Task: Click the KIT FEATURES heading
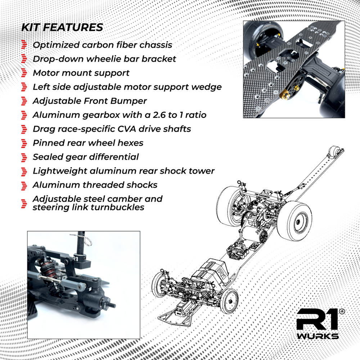[x=62, y=27]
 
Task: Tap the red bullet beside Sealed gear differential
[x=24, y=157]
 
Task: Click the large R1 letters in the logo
[x=317, y=320]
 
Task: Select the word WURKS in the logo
[x=318, y=336]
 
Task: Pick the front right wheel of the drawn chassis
[x=229, y=300]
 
